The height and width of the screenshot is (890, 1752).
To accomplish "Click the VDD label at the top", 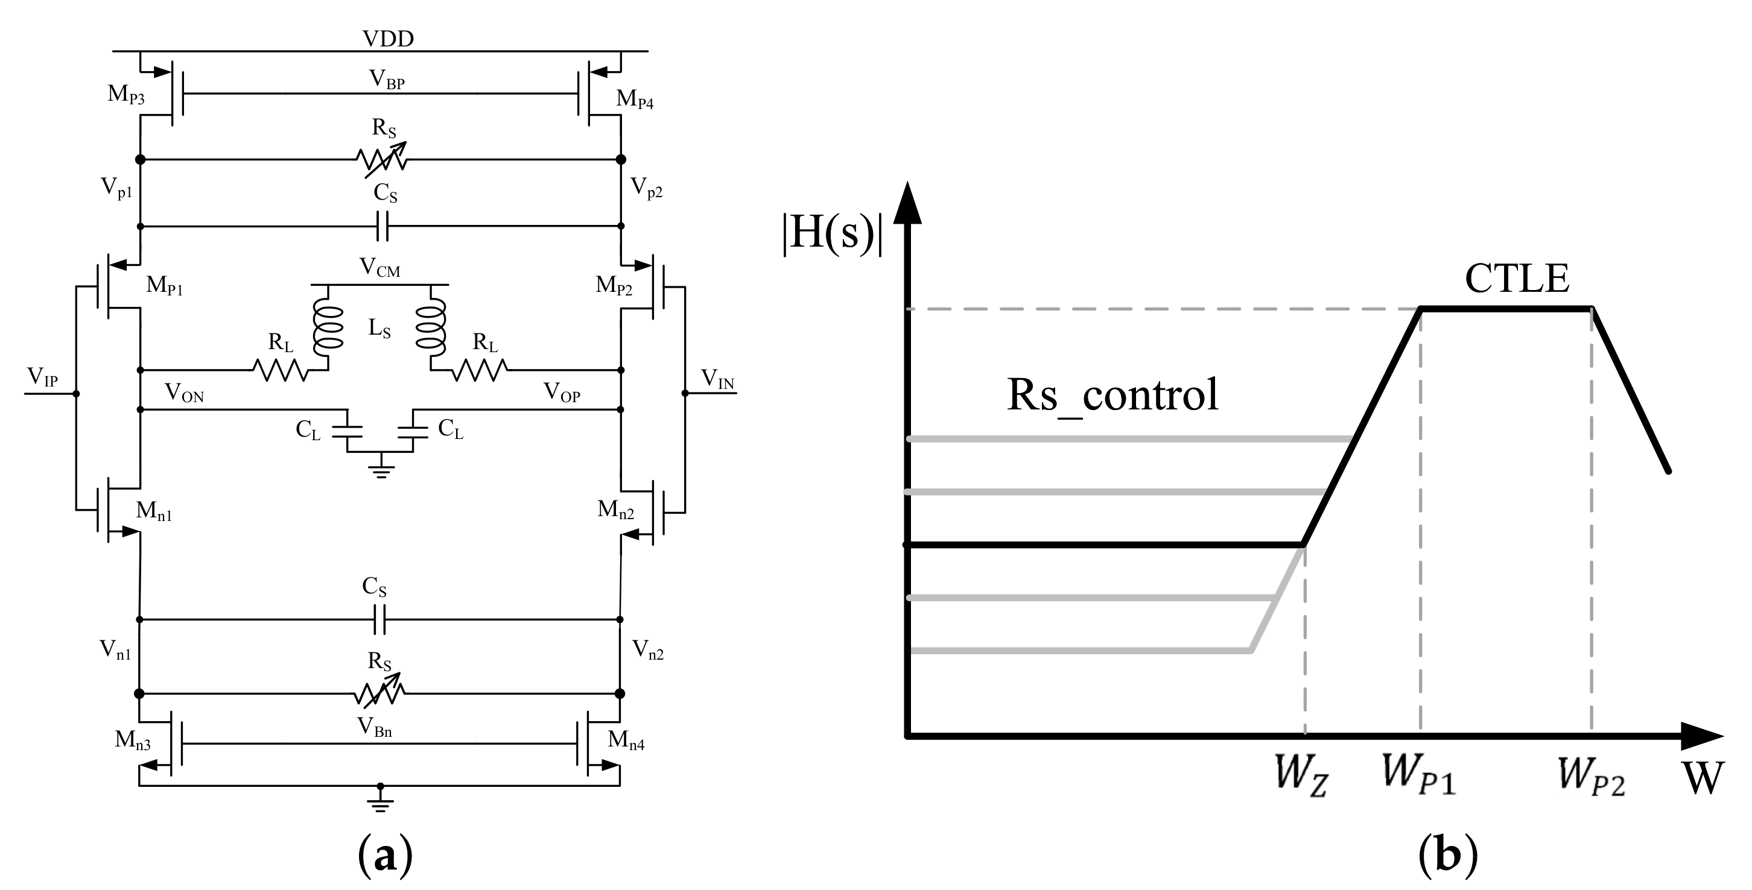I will (x=388, y=38).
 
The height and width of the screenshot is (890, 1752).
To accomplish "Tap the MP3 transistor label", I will (x=126, y=95).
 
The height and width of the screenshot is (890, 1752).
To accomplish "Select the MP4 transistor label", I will (x=635, y=99).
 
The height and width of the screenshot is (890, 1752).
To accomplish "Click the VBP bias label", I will (x=387, y=80).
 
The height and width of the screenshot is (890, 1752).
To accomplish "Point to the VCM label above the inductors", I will (x=379, y=267).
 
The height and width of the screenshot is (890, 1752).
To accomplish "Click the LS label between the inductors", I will (x=379, y=329).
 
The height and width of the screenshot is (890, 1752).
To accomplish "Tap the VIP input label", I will (x=42, y=377).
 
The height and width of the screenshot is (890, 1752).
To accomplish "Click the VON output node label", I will (x=183, y=393).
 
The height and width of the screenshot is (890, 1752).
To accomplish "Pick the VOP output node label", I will (x=562, y=393).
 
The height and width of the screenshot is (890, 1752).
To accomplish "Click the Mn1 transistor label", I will (x=154, y=511).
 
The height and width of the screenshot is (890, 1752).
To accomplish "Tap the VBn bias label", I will (x=375, y=728).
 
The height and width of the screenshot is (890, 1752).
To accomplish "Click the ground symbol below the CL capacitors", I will (x=380, y=471).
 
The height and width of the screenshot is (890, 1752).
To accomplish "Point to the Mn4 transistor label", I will (x=626, y=740).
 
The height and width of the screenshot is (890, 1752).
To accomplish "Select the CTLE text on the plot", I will (x=1517, y=279).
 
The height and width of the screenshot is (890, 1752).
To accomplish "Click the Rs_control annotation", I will (x=1112, y=395).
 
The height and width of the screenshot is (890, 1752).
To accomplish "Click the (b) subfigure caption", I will (x=1447, y=854).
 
